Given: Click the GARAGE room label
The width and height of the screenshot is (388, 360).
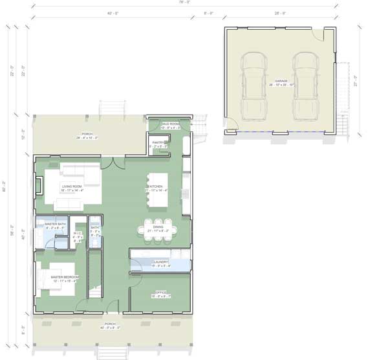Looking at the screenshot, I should tap(281, 81).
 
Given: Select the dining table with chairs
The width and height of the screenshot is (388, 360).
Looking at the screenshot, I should tap(156, 231).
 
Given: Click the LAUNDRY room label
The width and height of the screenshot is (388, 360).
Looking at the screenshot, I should tap(160, 262).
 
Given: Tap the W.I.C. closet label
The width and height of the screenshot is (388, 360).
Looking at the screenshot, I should tap(78, 234).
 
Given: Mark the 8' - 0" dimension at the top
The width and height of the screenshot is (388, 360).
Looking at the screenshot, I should tap(209, 13).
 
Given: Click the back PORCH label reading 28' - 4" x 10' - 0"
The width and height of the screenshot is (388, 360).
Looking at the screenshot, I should tap(87, 135).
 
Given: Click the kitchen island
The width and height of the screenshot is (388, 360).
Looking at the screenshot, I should tap(158, 189).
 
